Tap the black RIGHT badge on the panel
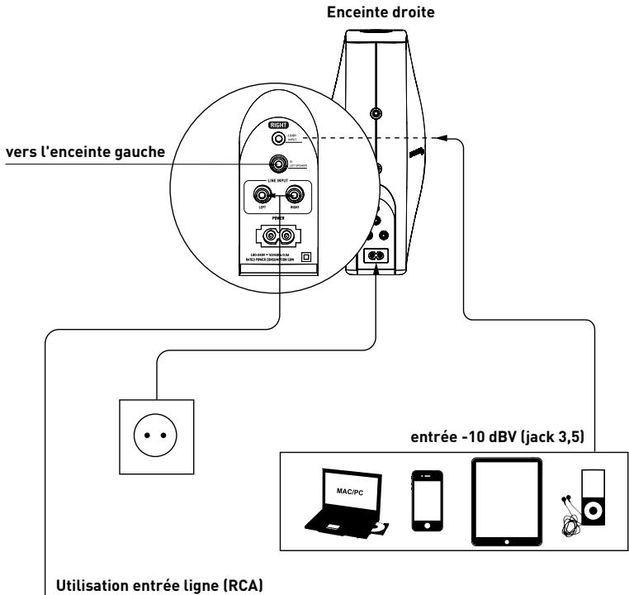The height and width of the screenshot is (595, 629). pos(277,126)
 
